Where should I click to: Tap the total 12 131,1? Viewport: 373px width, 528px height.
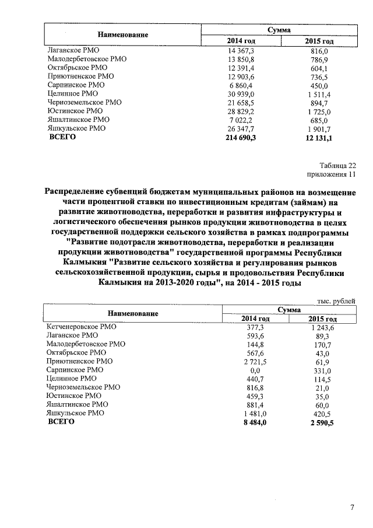click(x=319, y=138)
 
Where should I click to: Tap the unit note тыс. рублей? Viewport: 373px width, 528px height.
click(x=336, y=301)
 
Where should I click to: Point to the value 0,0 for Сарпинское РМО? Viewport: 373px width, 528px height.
click(x=256, y=370)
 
